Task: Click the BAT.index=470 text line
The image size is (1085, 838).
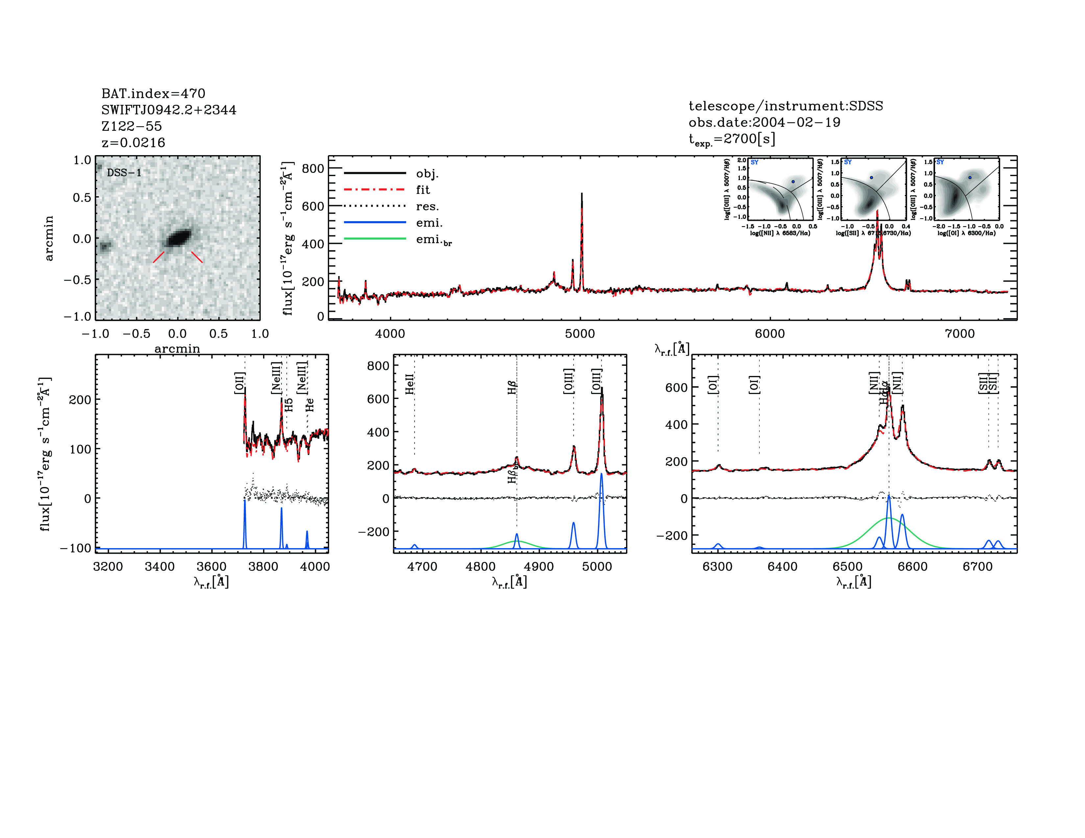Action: (153, 93)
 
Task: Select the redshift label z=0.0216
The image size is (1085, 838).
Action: (133, 143)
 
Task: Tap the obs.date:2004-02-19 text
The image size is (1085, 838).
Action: (764, 122)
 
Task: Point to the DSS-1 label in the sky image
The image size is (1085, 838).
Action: (124, 173)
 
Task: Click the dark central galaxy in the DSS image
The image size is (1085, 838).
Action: (178, 238)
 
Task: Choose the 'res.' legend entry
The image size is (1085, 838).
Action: (427, 206)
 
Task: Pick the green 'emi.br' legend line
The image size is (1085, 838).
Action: (375, 239)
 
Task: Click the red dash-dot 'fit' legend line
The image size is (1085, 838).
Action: (375, 190)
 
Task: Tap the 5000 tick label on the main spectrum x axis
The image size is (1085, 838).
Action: (580, 334)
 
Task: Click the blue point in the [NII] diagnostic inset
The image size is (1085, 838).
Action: (793, 182)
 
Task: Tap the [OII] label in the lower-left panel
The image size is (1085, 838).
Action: (239, 383)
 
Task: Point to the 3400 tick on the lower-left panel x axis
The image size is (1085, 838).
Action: (159, 567)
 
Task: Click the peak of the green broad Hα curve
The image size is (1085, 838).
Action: (889, 518)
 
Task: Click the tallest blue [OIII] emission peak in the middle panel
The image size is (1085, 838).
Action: (601, 475)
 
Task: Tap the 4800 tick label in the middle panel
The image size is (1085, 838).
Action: (480, 567)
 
